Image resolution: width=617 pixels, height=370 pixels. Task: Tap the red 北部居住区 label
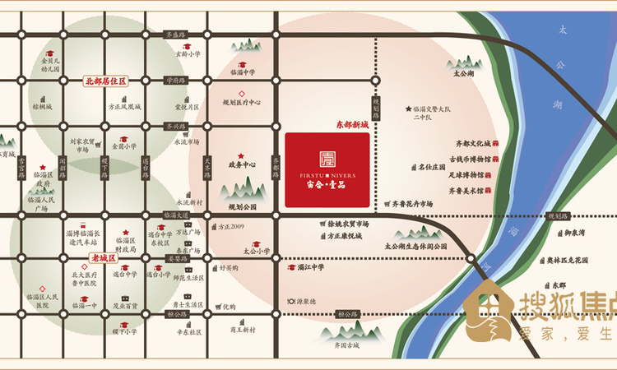(105, 81)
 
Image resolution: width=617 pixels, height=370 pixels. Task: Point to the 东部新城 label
(351, 125)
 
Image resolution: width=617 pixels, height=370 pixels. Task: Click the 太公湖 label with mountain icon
(464, 73)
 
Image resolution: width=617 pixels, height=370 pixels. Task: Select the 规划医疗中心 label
(242, 103)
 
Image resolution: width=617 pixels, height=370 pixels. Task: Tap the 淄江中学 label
(310, 267)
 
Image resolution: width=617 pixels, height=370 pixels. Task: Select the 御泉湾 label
(575, 233)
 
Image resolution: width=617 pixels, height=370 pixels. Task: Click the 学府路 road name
(174, 81)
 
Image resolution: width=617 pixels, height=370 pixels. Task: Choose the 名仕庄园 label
(431, 167)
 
